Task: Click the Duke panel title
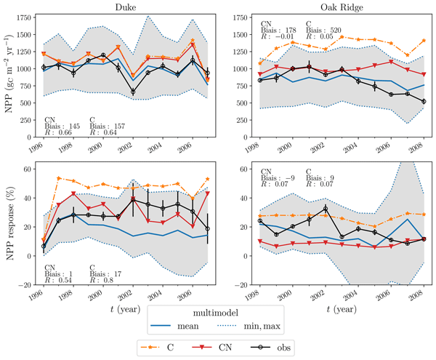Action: (x=126, y=7)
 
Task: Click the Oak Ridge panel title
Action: (x=342, y=7)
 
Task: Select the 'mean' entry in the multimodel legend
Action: (x=174, y=326)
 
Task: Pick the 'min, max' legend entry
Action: (x=248, y=326)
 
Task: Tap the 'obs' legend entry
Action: (x=271, y=348)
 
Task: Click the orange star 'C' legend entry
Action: (x=158, y=348)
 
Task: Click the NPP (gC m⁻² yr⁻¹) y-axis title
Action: (x=9, y=73)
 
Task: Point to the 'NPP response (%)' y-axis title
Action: (x=9, y=223)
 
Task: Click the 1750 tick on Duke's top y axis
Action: (x=24, y=17)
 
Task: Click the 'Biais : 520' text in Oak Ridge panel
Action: (x=323, y=30)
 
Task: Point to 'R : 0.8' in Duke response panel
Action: (x=102, y=280)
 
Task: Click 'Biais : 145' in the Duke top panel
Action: (x=62, y=127)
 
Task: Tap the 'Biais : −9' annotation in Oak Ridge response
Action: (x=278, y=177)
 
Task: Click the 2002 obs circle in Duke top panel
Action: (x=133, y=92)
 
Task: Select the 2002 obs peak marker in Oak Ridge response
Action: (x=326, y=209)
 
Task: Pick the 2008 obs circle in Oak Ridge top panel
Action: (x=424, y=102)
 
